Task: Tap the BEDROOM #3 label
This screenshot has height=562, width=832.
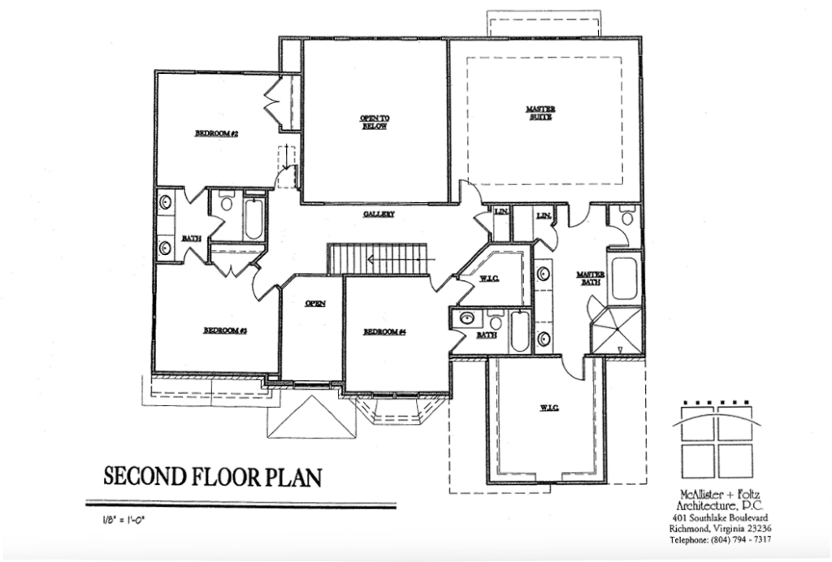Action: pyautogui.click(x=224, y=331)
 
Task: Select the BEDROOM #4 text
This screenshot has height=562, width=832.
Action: pyautogui.click(x=384, y=331)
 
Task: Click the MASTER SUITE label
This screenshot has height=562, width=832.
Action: pyautogui.click(x=539, y=113)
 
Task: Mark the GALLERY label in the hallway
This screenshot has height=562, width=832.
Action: pyautogui.click(x=379, y=214)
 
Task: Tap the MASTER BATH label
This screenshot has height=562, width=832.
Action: pyautogui.click(x=588, y=279)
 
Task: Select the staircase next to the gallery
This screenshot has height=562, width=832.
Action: pyautogui.click(x=377, y=259)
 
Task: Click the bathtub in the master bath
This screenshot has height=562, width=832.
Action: pyautogui.click(x=626, y=279)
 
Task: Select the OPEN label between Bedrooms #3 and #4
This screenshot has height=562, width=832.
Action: pyautogui.click(x=314, y=304)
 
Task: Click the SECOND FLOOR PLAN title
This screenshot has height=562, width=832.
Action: pyautogui.click(x=211, y=476)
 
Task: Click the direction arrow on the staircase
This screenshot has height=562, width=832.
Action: pyautogui.click(x=398, y=261)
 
